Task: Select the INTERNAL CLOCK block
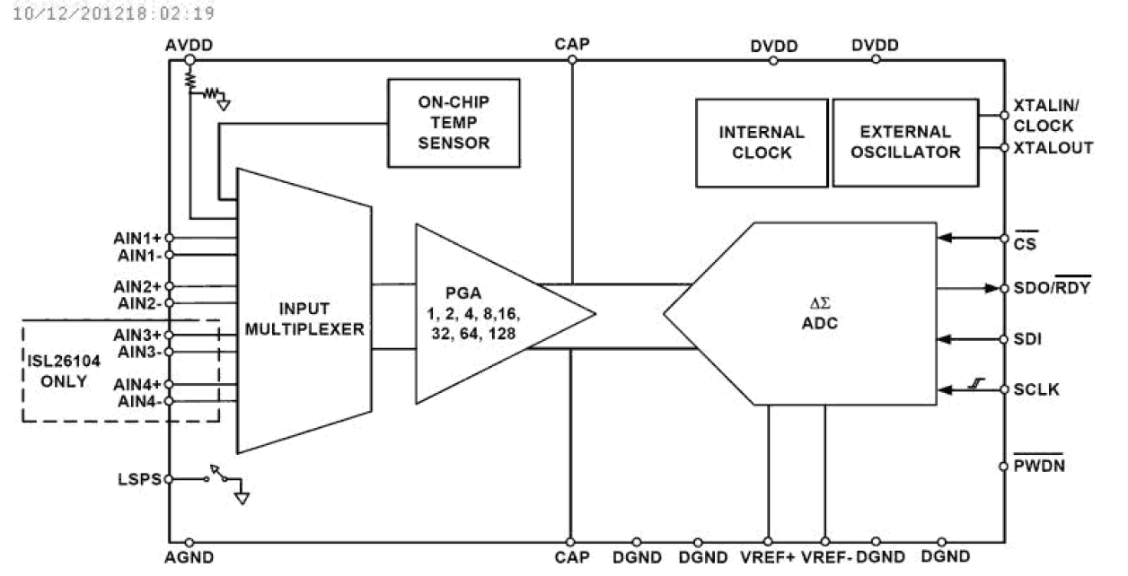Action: (x=761, y=142)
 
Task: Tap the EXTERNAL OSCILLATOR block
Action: (x=904, y=142)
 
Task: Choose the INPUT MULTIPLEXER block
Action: (x=303, y=319)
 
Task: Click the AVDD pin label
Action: (x=189, y=45)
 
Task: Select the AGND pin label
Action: (x=189, y=558)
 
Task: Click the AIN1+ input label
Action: (x=137, y=238)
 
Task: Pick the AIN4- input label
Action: (x=140, y=400)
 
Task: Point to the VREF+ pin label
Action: (x=768, y=558)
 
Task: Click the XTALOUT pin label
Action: (x=1053, y=148)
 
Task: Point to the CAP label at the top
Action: (x=572, y=44)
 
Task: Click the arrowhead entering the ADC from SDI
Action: (x=945, y=340)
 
